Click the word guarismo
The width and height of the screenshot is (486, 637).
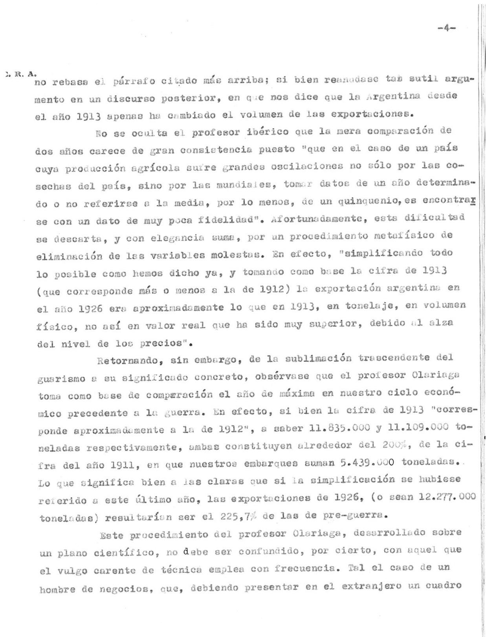click(62, 379)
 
